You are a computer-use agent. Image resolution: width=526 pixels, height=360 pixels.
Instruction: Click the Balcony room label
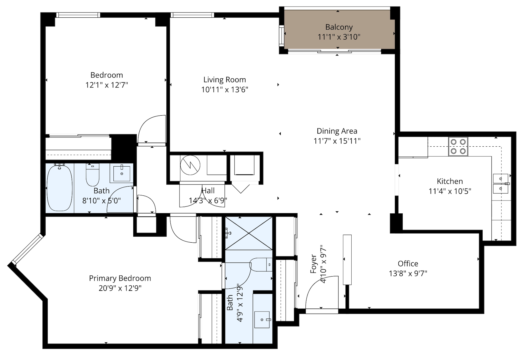click(x=339, y=27)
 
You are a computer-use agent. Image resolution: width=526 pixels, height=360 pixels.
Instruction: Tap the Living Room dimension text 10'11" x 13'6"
click(x=225, y=89)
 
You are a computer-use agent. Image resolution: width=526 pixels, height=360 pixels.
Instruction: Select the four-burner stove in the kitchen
click(x=458, y=146)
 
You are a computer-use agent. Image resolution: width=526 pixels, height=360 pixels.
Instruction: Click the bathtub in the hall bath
click(x=60, y=188)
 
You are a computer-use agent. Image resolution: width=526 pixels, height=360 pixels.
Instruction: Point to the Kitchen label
click(x=450, y=181)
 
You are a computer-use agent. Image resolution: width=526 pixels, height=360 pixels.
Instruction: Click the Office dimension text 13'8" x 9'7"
click(x=408, y=273)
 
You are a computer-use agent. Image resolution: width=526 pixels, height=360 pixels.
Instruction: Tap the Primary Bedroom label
click(x=120, y=278)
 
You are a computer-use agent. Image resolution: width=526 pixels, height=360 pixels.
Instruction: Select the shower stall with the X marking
click(x=249, y=233)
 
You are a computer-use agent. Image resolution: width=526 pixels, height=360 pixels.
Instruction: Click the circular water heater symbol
click(x=190, y=165)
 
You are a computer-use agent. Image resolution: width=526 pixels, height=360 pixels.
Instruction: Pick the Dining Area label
click(x=337, y=131)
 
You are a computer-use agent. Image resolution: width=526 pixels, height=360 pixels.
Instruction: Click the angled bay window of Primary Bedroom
click(x=27, y=249)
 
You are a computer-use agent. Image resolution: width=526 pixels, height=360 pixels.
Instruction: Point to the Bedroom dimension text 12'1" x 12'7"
click(x=107, y=85)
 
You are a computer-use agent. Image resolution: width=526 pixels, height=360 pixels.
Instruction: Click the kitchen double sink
click(x=501, y=183)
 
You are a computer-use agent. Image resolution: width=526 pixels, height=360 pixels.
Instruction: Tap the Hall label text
click(x=208, y=191)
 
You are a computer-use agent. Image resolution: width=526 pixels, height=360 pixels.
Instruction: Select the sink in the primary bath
click(x=262, y=320)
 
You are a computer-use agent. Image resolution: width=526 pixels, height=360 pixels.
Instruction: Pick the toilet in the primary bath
click(x=261, y=265)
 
